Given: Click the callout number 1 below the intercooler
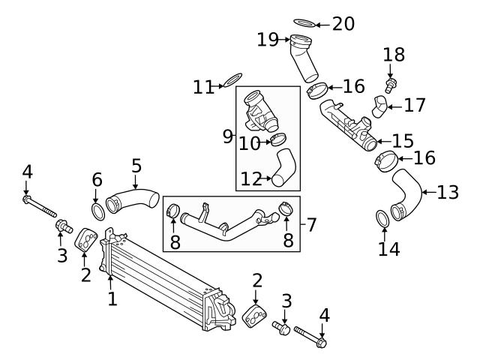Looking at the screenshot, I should [x=112, y=300].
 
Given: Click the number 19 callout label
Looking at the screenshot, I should [x=268, y=39].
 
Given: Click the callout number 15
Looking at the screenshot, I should [x=403, y=140].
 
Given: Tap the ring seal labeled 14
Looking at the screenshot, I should [x=381, y=219].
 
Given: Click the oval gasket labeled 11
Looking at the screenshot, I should [x=233, y=80].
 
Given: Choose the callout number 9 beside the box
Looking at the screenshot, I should [x=227, y=136].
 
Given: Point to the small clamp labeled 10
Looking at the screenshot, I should [x=278, y=138].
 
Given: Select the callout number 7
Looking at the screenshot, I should [x=312, y=223].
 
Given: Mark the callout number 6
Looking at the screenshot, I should [x=97, y=179].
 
